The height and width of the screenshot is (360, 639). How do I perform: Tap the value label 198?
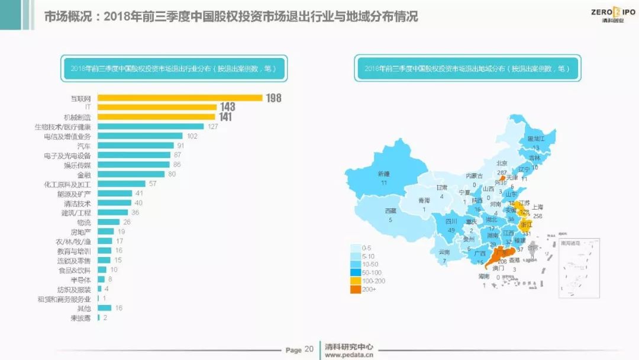pos(273,98)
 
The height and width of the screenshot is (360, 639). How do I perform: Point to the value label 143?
pos(227,107)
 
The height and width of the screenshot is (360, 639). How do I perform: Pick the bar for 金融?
pos(131,174)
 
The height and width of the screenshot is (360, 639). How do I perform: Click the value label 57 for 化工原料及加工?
pos(152,184)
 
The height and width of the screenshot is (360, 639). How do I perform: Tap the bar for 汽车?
pos(135,145)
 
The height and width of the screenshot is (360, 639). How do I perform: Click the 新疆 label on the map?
pos(383,174)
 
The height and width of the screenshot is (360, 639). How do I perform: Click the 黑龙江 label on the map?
pos(535,139)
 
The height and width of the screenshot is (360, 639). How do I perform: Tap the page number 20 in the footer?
pos(309,349)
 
